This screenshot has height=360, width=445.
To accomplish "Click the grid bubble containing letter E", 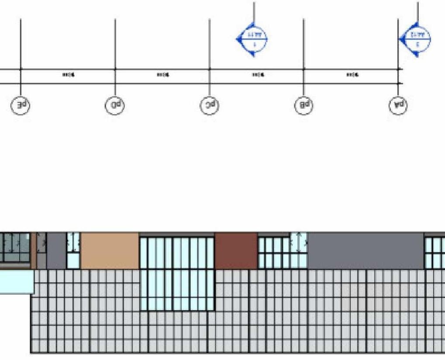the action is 21,105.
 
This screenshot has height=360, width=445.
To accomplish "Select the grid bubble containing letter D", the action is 115,105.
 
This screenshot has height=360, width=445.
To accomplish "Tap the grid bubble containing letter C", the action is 210,105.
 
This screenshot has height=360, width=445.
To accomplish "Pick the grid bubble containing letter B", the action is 304,105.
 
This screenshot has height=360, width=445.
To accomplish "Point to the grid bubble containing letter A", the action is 398,105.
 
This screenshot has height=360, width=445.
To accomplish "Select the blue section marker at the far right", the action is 416,39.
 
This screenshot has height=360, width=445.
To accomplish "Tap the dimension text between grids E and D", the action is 68,75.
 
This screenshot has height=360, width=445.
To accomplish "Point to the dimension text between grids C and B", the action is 257,75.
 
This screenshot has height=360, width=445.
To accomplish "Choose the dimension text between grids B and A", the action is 351,75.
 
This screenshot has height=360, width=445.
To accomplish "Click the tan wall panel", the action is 110,251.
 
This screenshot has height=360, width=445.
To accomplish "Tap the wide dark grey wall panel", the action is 365,251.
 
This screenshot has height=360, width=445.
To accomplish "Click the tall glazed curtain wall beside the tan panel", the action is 177,273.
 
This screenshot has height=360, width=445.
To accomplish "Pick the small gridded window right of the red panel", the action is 274,253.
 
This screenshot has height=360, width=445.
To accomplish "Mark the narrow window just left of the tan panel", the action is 73,251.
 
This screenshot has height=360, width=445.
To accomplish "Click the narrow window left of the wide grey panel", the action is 299,250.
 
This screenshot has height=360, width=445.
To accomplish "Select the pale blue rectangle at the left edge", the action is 16,282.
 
